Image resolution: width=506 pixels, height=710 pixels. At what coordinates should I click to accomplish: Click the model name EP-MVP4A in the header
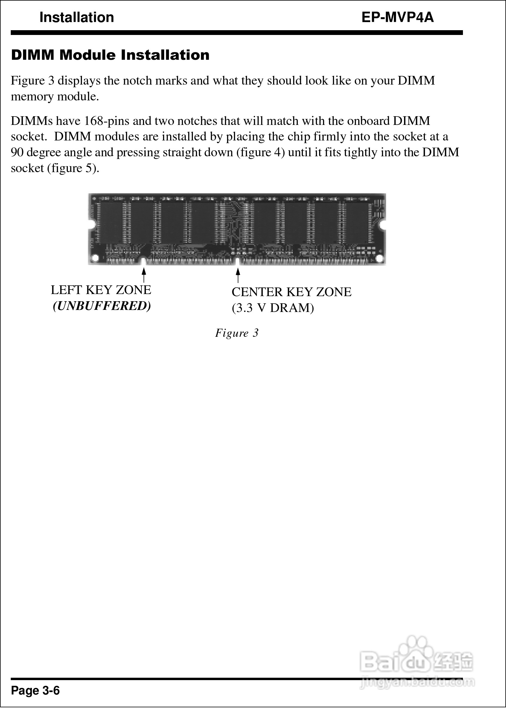[x=397, y=17]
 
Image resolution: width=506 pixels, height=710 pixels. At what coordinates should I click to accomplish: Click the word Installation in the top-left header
[x=77, y=17]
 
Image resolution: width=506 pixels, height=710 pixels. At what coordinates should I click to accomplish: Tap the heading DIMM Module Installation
[x=110, y=55]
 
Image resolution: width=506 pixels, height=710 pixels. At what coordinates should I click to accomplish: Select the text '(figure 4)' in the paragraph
[x=260, y=152]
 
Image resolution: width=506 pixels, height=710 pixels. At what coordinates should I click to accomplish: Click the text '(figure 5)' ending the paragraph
[x=73, y=168]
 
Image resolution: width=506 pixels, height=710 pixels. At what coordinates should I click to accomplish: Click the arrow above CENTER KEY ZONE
[x=238, y=275]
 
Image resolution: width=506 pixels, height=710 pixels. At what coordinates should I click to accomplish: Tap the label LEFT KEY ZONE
[x=101, y=290]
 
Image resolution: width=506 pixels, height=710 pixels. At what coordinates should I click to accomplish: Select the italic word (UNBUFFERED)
[x=102, y=306]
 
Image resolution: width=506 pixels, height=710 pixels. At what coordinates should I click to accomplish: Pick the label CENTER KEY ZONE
[x=291, y=292]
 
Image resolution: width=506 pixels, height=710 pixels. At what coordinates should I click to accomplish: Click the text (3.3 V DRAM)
[x=273, y=308]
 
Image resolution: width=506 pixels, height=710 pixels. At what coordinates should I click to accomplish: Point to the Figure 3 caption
[x=237, y=333]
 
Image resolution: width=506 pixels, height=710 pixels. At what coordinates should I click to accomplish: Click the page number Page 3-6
[x=35, y=691]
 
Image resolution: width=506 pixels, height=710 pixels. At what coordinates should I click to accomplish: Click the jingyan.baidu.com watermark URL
[x=417, y=683]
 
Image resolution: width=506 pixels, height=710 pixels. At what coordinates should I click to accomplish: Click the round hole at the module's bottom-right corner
[x=379, y=258]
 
